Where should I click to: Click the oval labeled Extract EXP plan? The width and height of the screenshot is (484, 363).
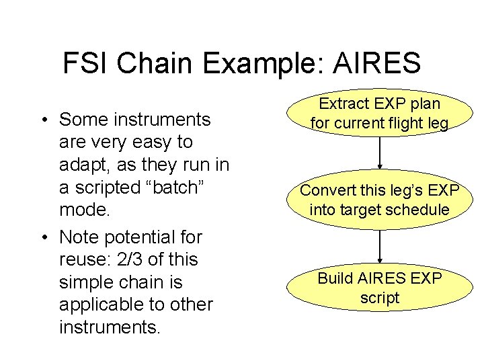(379, 114)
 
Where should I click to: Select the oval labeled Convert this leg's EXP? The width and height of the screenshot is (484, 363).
(379, 200)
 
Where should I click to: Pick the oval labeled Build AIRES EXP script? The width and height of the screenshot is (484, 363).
(379, 288)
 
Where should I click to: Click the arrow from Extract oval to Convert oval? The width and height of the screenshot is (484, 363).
(380, 153)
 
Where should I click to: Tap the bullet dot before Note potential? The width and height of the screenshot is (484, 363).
(42, 238)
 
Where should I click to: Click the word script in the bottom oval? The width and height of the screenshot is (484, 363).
(379, 298)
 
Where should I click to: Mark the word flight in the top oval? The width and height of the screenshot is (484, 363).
(406, 124)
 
